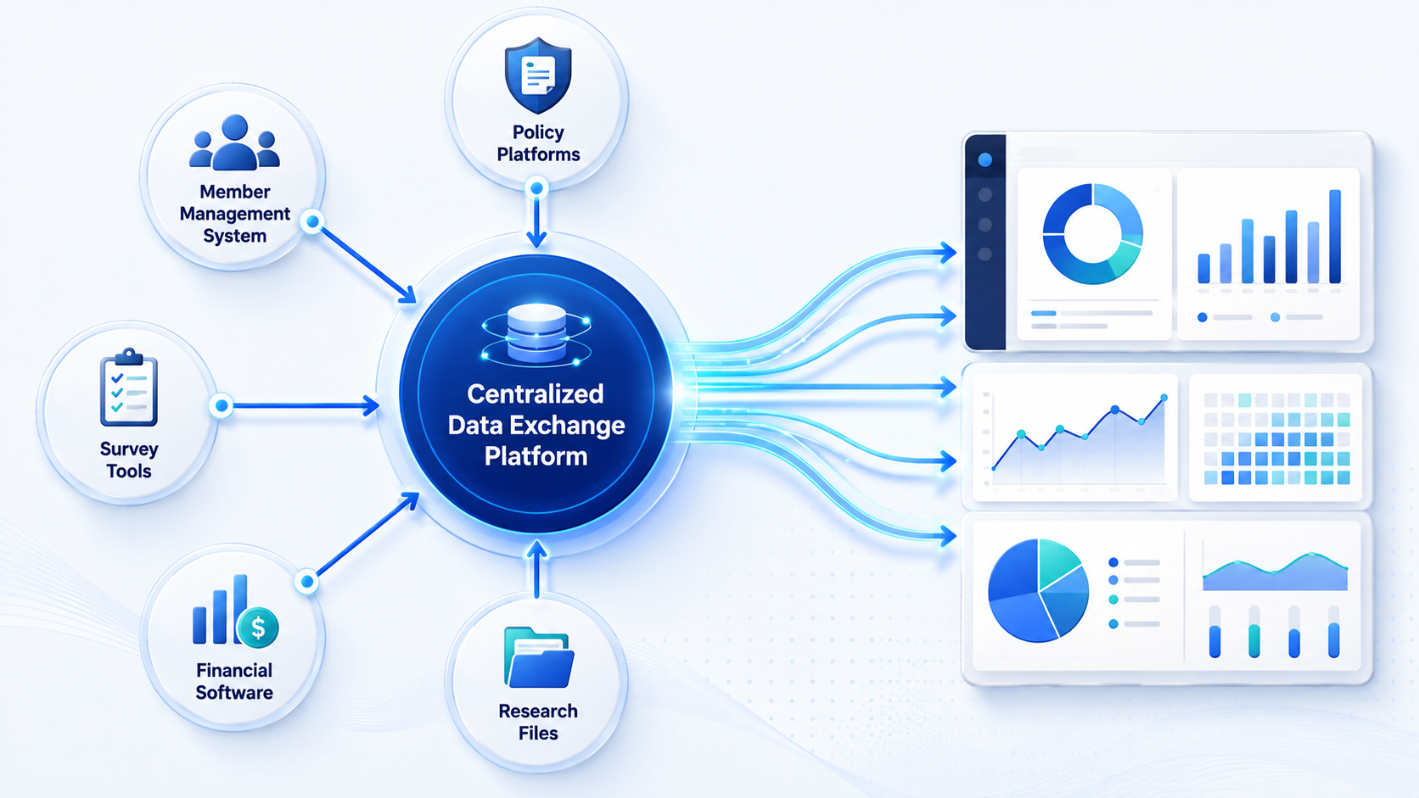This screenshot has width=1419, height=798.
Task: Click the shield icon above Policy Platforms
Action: (x=538, y=75)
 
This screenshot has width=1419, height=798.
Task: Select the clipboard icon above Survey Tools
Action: (x=129, y=387)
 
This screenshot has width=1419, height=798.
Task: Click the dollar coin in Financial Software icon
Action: (x=257, y=628)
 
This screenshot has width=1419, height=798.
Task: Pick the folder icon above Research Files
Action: (x=539, y=657)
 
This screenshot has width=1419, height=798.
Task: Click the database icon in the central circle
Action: (x=536, y=335)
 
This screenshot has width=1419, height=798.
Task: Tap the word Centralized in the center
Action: (x=536, y=394)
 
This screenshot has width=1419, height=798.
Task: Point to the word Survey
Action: (x=129, y=449)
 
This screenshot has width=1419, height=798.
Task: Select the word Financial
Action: (x=234, y=670)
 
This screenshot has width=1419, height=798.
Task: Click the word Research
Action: (x=538, y=711)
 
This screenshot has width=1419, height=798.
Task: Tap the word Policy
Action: (x=538, y=131)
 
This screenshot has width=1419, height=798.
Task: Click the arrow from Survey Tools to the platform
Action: (x=301, y=405)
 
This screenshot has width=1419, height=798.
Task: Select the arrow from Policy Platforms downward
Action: (x=536, y=217)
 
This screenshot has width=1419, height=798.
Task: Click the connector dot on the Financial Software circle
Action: (x=307, y=581)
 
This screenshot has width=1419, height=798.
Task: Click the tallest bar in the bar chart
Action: (x=1334, y=236)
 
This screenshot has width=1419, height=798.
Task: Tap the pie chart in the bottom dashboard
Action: (x=1038, y=590)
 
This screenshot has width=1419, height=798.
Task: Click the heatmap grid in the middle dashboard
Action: (x=1276, y=438)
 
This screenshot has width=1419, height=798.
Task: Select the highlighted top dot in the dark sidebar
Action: (x=984, y=159)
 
